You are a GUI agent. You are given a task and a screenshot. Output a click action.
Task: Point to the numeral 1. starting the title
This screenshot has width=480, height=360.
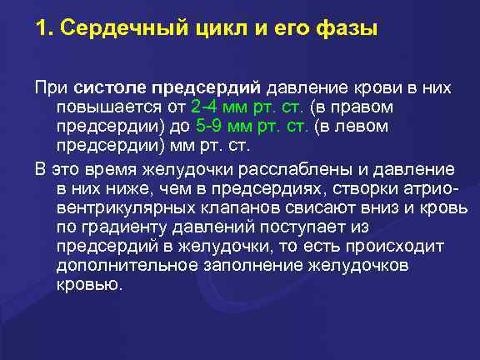pos(43,29)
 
